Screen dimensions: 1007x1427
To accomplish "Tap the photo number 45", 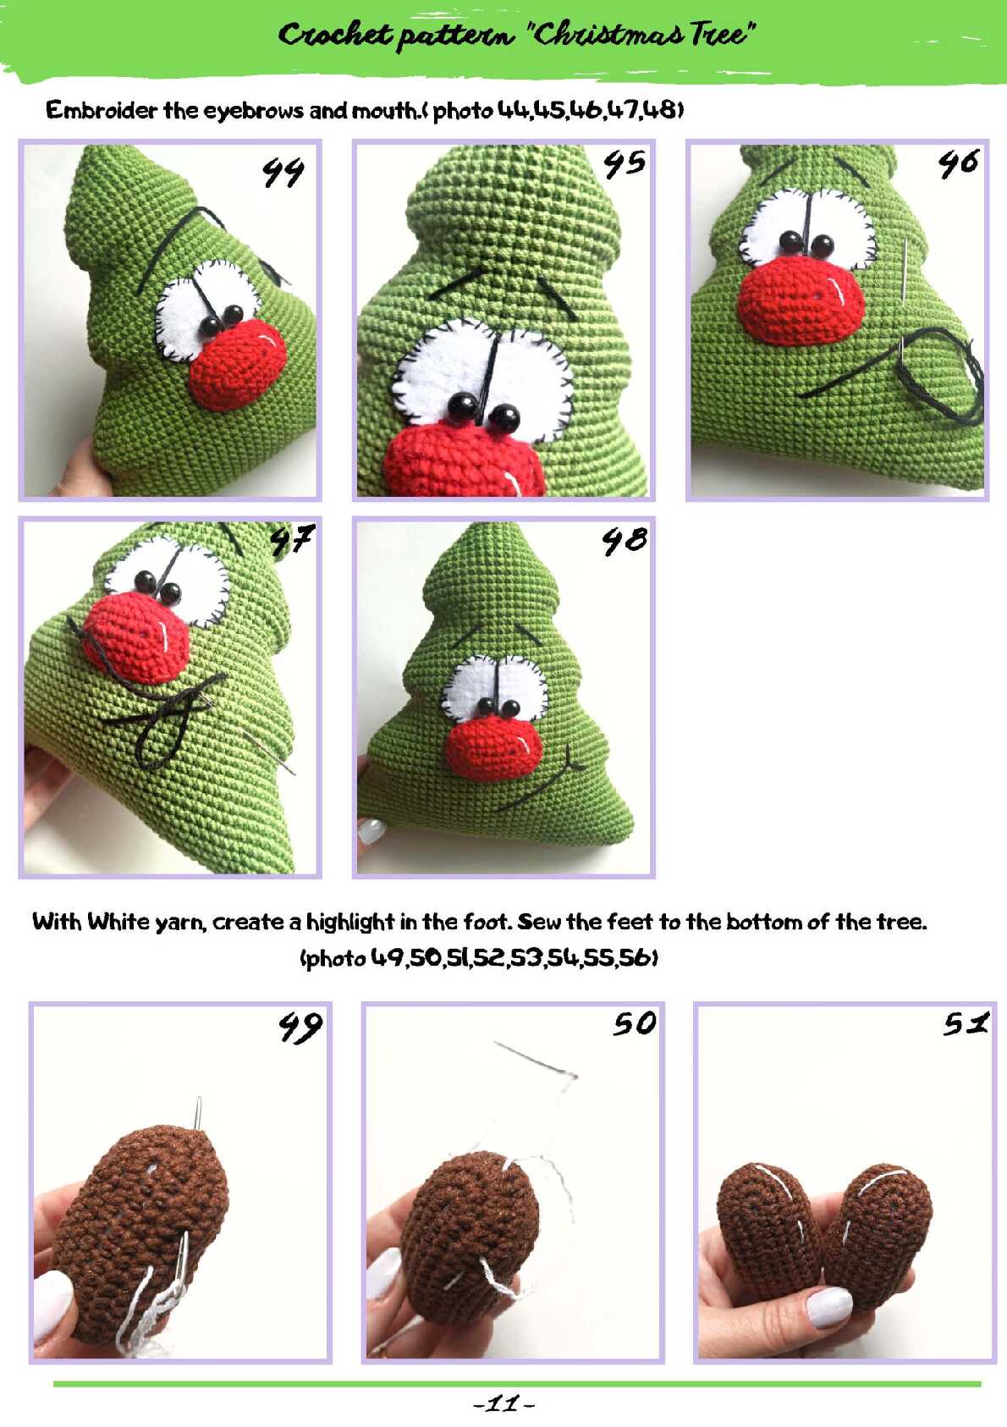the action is (x=625, y=163).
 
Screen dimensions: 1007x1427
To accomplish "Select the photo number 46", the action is (x=958, y=163).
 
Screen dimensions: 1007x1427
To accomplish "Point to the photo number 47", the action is (x=292, y=540).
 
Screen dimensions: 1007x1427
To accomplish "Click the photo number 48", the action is (x=625, y=541).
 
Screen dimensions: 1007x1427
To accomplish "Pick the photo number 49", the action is (x=300, y=1027).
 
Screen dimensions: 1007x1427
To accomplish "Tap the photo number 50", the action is (x=635, y=1024).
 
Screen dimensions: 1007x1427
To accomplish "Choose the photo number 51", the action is (x=966, y=1023).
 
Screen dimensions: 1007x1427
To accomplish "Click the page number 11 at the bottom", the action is (x=503, y=1403).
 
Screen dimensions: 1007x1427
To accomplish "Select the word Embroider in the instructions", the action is (x=102, y=110).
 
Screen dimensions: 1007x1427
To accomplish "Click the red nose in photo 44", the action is (x=237, y=366).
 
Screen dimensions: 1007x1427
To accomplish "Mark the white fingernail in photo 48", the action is (x=371, y=830).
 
